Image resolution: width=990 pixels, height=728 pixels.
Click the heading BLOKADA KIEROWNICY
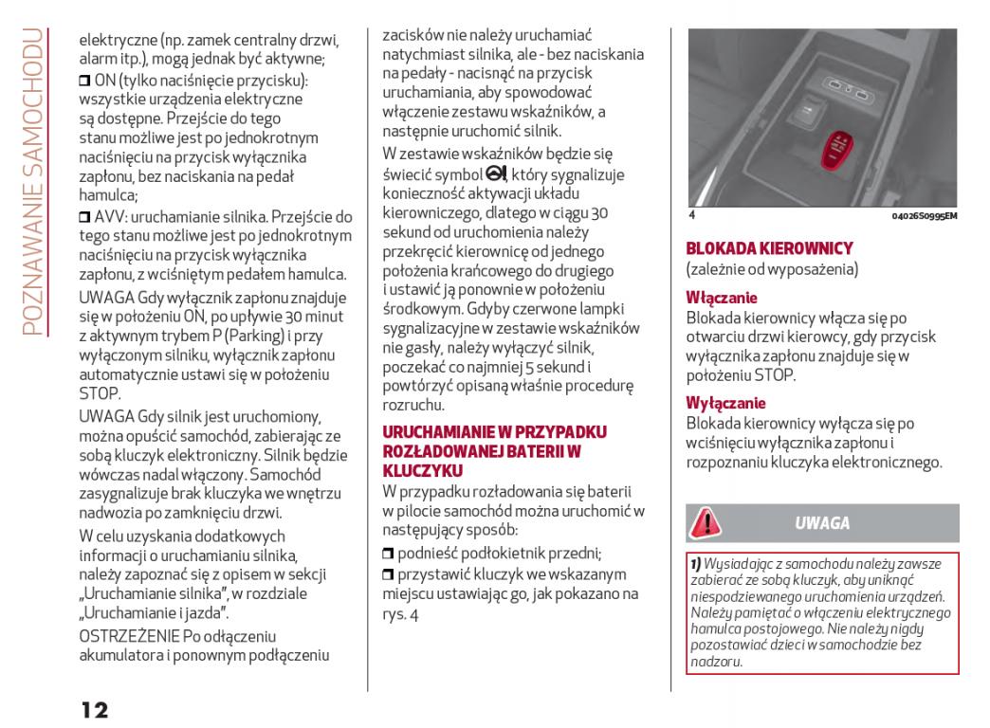[769, 248]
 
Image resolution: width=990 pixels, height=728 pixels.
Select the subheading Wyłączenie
[725, 401]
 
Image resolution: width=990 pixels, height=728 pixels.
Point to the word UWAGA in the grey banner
[821, 523]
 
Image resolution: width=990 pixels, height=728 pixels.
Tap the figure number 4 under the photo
[692, 217]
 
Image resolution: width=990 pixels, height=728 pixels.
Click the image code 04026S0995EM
[925, 217]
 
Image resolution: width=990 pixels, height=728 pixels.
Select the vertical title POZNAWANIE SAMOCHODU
[34, 180]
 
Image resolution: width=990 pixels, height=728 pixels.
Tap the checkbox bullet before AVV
[84, 217]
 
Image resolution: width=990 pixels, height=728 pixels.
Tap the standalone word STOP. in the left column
[100, 392]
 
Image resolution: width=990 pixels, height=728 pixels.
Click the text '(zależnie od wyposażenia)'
[772, 270]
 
